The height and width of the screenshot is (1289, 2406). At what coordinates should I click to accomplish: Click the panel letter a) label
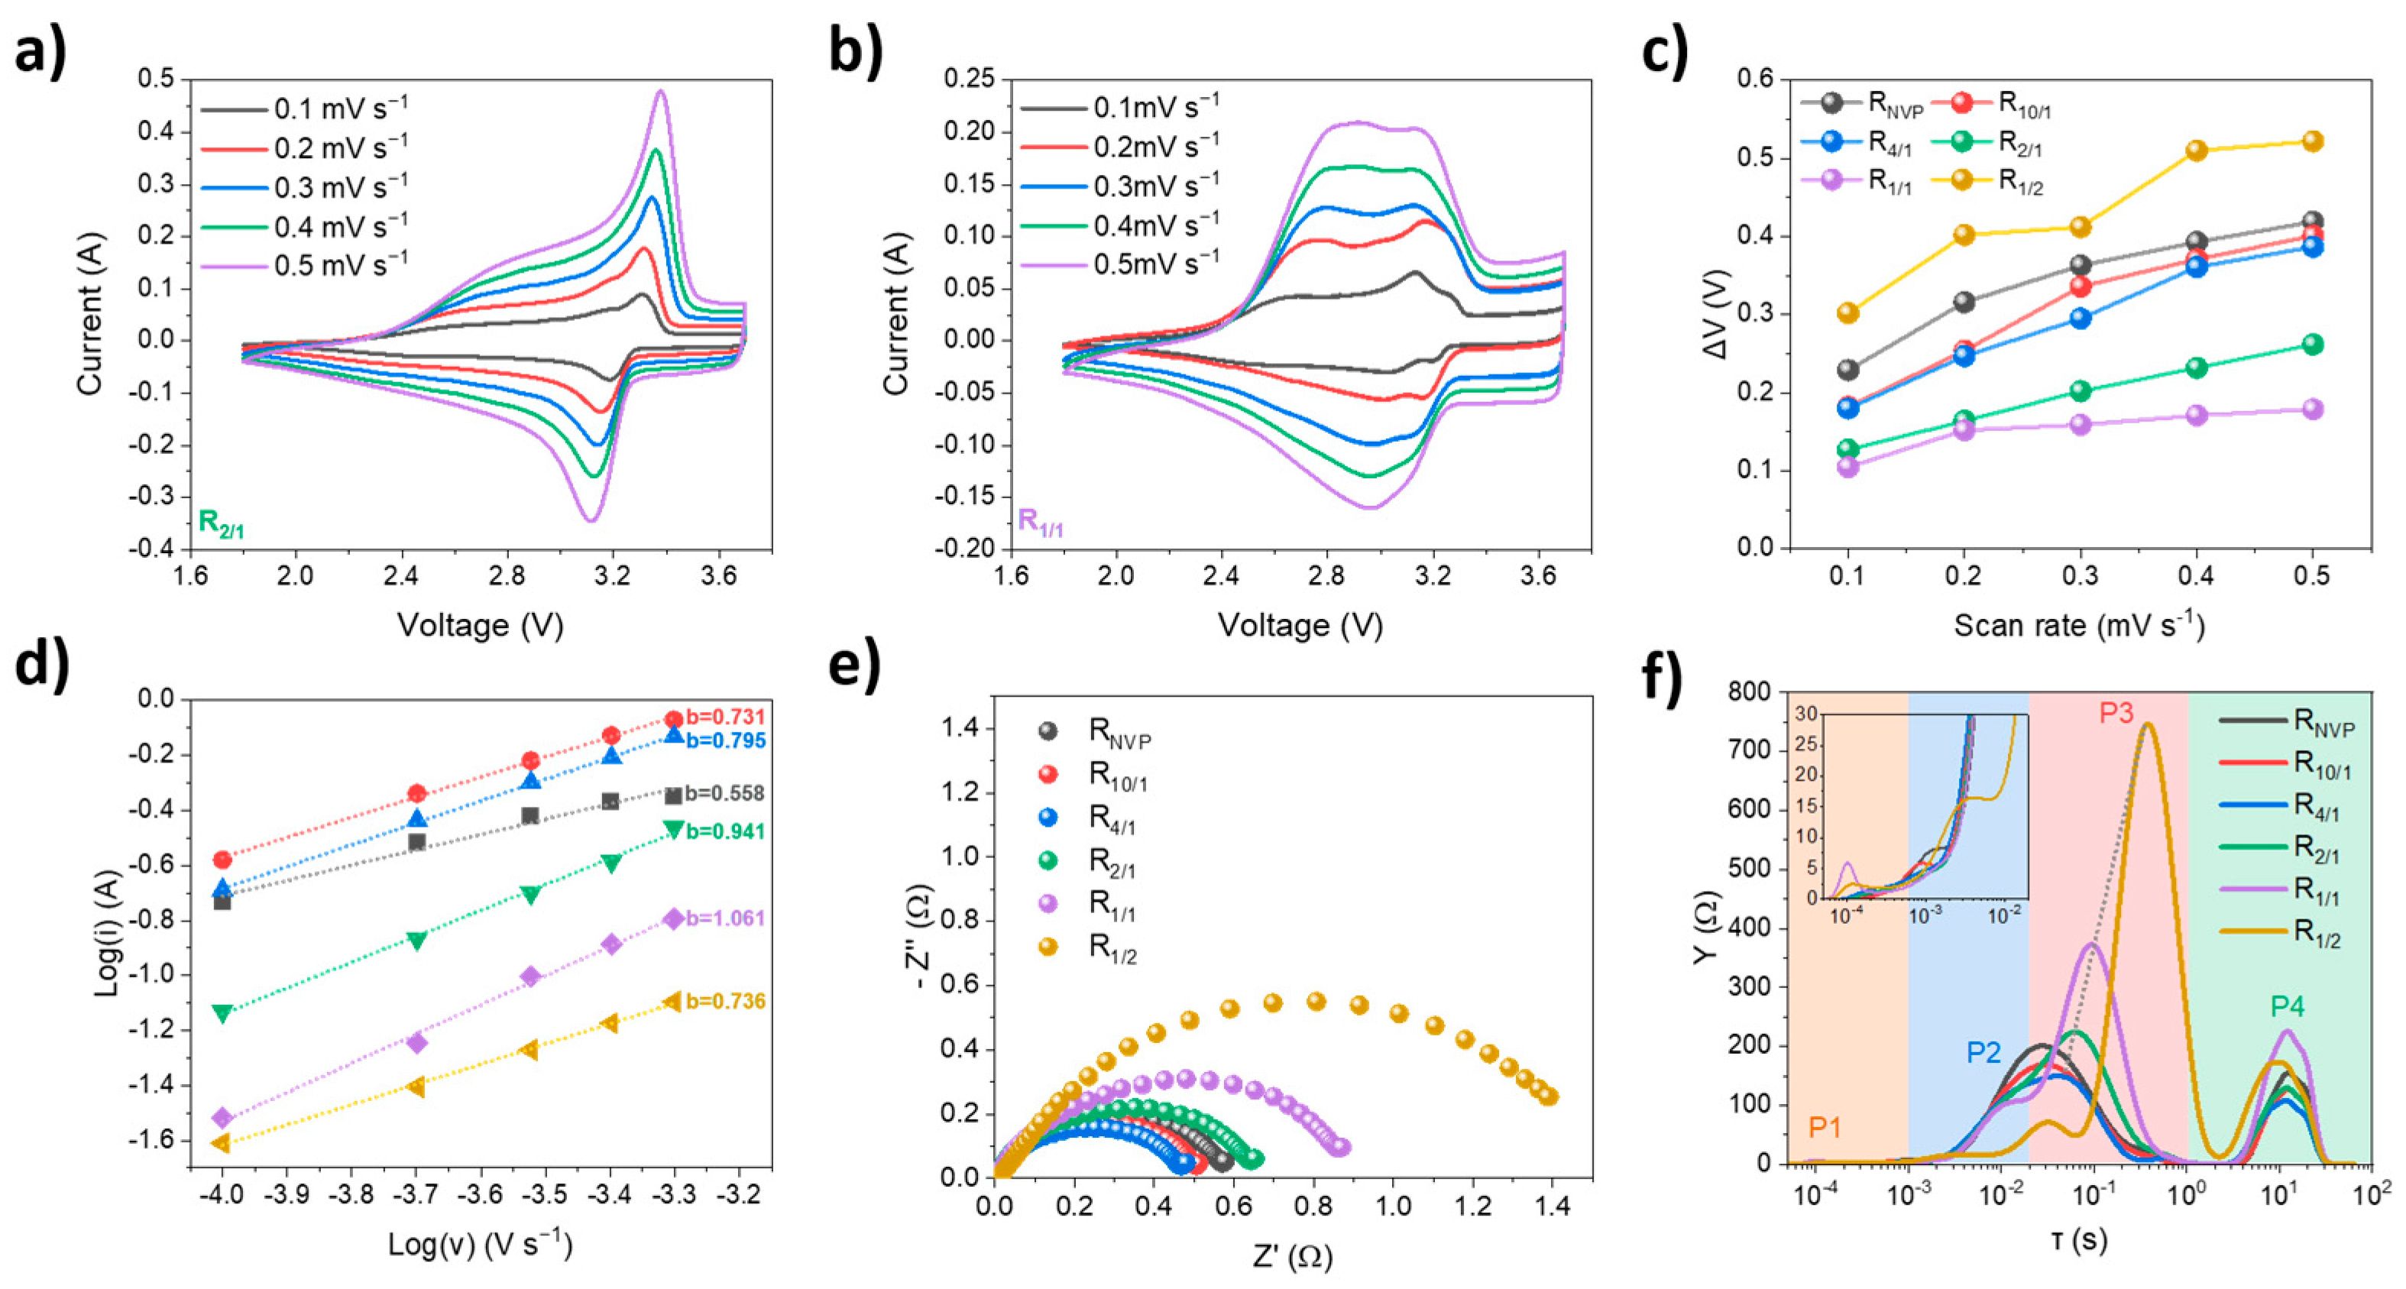(x=39, y=51)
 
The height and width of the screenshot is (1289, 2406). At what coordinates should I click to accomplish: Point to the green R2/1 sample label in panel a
(x=222, y=523)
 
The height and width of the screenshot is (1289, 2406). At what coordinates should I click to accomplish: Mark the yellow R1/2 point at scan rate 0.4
(x=2196, y=151)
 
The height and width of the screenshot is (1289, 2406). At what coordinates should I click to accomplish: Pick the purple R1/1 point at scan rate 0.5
(x=2313, y=409)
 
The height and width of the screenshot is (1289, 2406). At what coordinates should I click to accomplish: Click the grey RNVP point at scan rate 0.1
(x=1847, y=369)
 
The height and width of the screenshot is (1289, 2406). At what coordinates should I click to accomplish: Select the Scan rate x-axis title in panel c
(x=2078, y=625)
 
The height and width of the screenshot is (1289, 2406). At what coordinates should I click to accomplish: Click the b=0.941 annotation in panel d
(x=725, y=831)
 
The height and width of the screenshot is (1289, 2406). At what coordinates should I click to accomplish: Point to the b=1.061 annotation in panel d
(x=725, y=918)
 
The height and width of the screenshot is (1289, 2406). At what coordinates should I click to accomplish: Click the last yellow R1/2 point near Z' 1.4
(x=1549, y=1096)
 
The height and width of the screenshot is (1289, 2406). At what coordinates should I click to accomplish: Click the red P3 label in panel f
(x=2116, y=714)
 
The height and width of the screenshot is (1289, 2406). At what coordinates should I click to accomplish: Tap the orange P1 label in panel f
(x=1824, y=1128)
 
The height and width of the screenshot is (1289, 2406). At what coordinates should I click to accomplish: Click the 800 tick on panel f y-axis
(x=1752, y=692)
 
